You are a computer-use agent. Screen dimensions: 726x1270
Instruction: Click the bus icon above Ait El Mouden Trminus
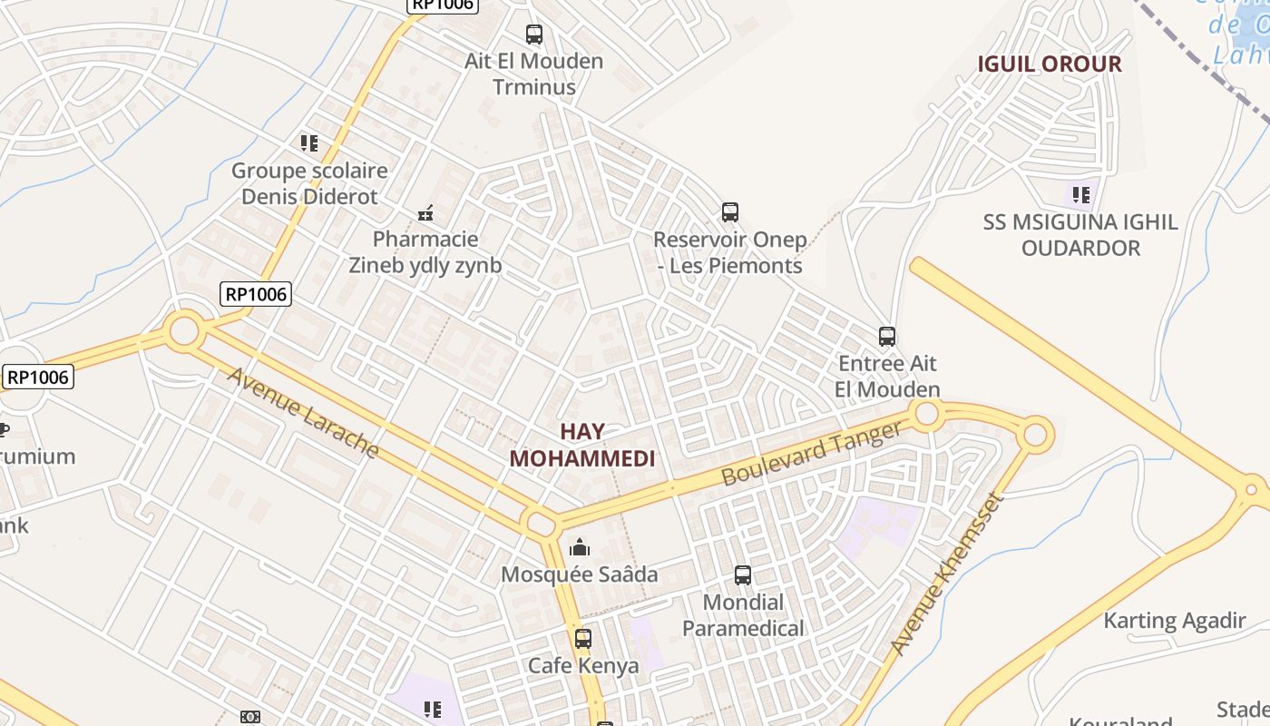click(x=534, y=34)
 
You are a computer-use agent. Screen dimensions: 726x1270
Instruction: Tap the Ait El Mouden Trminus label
click(x=534, y=74)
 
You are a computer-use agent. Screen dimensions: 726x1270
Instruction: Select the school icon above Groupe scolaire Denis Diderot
click(x=309, y=143)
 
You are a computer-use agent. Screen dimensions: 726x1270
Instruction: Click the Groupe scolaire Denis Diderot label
click(x=309, y=183)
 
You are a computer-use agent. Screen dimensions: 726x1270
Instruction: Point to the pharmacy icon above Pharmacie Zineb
click(x=425, y=214)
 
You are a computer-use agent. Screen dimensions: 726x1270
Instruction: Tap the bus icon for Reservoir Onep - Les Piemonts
click(x=730, y=212)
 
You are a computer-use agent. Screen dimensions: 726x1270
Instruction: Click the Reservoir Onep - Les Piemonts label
click(x=730, y=253)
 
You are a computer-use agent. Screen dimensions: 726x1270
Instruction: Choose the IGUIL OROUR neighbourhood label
click(x=1050, y=64)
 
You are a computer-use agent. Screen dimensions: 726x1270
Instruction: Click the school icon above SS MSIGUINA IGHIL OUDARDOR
click(x=1080, y=194)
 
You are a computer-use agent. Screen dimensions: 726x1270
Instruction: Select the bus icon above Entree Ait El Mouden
click(x=887, y=337)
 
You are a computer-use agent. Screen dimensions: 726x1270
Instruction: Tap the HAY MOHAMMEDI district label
click(x=581, y=445)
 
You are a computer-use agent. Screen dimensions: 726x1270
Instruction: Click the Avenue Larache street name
click(x=303, y=413)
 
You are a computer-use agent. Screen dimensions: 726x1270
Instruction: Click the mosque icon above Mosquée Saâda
click(x=579, y=547)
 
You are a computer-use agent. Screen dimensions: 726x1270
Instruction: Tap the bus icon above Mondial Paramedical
click(x=743, y=575)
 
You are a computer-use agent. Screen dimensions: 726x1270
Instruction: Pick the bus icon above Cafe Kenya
click(x=583, y=639)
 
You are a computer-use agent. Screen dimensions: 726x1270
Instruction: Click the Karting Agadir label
click(x=1175, y=622)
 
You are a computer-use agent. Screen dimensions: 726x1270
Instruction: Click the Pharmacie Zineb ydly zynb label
click(x=425, y=252)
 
